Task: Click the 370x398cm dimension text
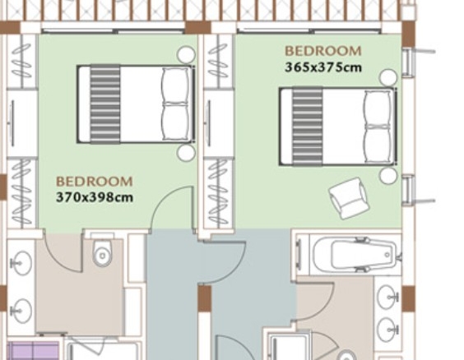[95, 197]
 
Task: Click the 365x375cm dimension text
[323, 67]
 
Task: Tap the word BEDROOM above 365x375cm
[323, 51]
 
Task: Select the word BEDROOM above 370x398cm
[95, 182]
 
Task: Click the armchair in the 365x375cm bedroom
[349, 198]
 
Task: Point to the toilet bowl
[102, 252]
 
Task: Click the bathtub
[355, 255]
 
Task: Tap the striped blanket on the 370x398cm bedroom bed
[105, 104]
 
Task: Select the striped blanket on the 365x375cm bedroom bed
[308, 127]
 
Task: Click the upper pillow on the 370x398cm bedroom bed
[175, 85]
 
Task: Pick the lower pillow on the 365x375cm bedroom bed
[378, 145]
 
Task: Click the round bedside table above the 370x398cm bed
[186, 55]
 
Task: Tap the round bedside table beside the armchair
[388, 176]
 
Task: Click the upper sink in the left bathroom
[21, 262]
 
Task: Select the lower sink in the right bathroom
[388, 330]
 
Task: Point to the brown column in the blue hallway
[205, 298]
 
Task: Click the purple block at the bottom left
[33, 351]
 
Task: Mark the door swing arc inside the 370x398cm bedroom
[165, 198]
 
